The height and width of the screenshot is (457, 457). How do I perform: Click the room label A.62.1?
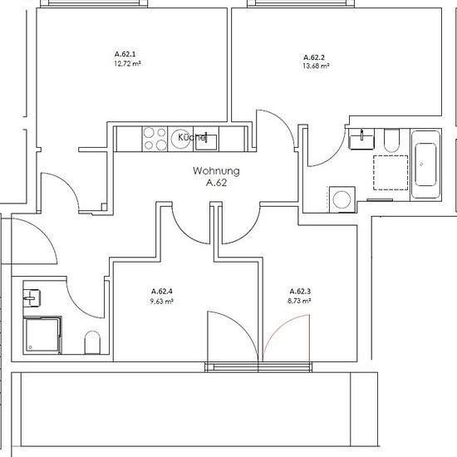click(x=125, y=54)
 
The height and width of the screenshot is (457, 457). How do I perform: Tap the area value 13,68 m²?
click(x=316, y=66)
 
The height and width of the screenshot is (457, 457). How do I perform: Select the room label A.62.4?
click(x=162, y=291)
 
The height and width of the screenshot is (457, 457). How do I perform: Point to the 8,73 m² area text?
click(x=299, y=301)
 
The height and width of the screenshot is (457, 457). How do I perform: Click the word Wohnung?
click(x=216, y=171)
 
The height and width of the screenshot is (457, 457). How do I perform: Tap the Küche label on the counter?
click(x=192, y=137)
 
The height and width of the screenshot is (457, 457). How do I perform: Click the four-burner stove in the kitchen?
click(x=155, y=139)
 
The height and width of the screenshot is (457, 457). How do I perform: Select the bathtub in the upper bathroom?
click(x=425, y=165)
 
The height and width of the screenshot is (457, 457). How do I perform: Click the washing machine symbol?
click(x=342, y=199)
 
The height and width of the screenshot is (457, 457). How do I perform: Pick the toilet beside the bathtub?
click(x=391, y=140)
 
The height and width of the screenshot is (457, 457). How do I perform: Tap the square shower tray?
click(x=42, y=335)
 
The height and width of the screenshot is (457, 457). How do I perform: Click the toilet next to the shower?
click(x=92, y=342)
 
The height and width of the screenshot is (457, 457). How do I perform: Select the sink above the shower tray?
click(x=32, y=297)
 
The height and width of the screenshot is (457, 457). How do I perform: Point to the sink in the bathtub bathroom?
click(x=361, y=139)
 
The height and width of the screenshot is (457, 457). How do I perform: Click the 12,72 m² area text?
click(x=127, y=63)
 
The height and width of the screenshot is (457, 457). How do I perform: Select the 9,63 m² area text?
click(x=162, y=301)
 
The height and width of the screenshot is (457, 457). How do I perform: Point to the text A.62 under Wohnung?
click(x=216, y=183)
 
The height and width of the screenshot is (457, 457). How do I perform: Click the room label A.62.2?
click(x=314, y=57)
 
